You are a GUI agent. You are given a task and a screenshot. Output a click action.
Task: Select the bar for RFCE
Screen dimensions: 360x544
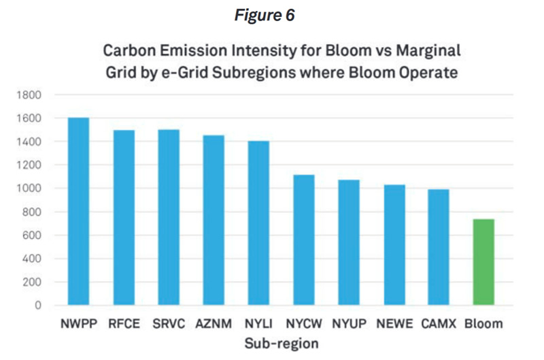[124, 217]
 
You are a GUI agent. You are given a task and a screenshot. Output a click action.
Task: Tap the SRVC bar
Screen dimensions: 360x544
[169, 217]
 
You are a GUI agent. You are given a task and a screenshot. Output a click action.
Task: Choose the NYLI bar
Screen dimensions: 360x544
[258, 223]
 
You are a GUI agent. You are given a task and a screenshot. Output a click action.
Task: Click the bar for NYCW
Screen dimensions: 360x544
[303, 240]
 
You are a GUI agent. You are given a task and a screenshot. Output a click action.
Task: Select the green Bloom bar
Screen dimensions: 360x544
[483, 262]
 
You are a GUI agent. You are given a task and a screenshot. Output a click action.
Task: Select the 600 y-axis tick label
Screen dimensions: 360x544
[31, 235]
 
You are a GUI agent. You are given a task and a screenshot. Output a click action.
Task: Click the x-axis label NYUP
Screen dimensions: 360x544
[348, 324]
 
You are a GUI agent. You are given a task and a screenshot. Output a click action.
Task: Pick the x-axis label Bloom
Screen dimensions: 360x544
[483, 324]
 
